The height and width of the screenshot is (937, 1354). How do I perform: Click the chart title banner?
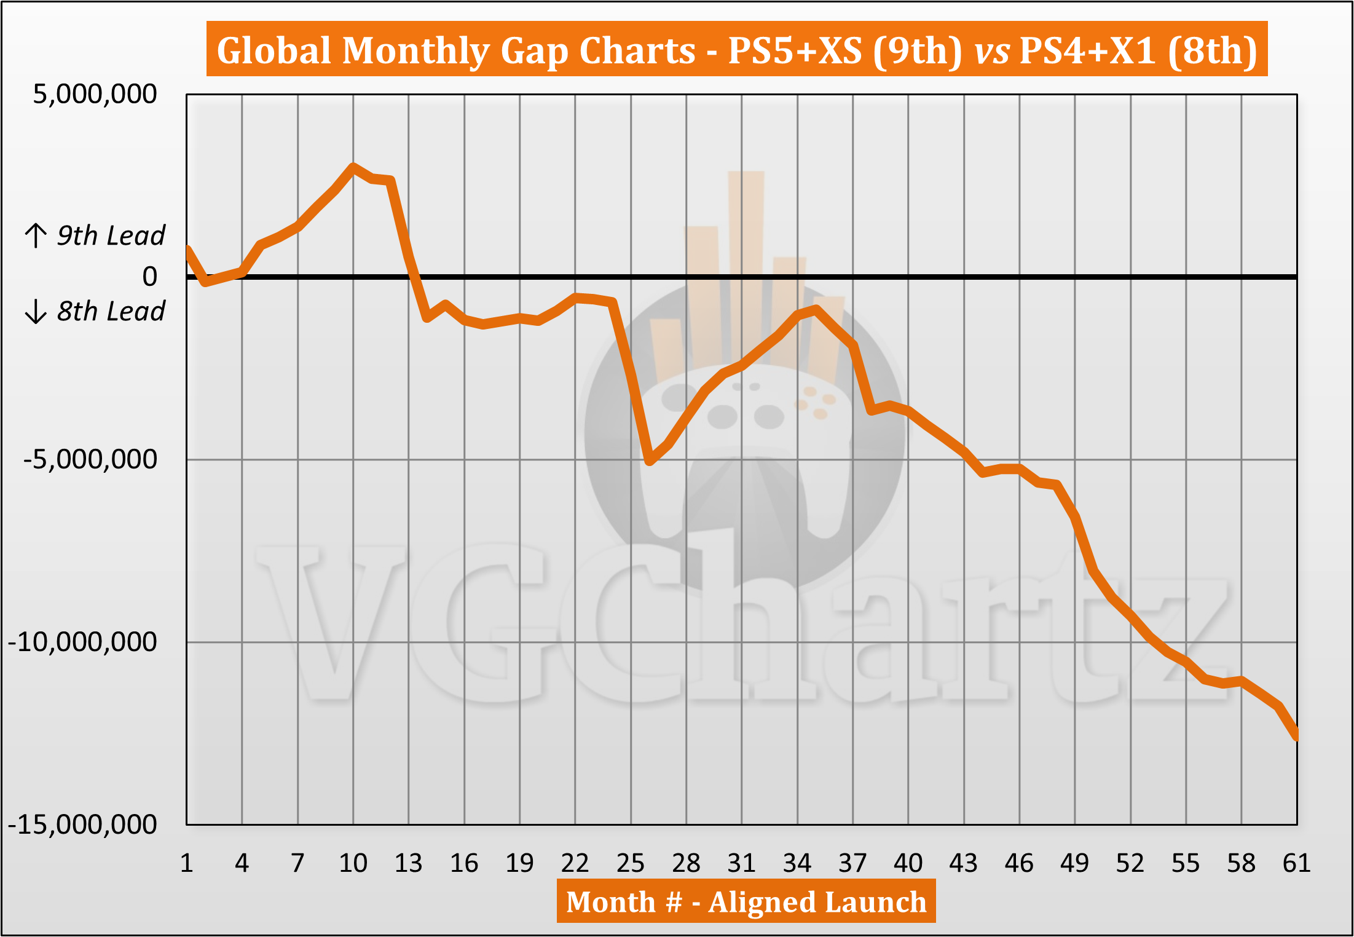point(736,49)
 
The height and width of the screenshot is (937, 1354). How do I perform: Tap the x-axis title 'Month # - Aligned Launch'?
point(746,901)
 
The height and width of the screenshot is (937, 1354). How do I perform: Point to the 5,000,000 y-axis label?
point(95,94)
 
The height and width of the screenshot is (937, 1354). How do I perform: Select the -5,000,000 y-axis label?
point(90,459)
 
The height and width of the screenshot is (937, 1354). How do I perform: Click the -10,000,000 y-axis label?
point(82,642)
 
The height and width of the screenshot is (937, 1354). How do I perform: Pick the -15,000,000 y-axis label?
point(82,824)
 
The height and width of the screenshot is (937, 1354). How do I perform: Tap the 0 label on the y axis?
point(149,277)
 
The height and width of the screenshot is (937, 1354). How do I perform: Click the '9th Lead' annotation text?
point(111,235)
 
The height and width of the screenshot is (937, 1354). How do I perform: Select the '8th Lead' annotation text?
point(111,311)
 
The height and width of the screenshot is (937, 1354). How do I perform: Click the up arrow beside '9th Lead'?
point(36,235)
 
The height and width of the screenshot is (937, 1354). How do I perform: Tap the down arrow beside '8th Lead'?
point(36,311)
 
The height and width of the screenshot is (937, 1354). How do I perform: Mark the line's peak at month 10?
point(353,167)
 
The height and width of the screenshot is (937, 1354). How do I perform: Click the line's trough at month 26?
point(650,461)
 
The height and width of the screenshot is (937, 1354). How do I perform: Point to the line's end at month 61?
point(1296,736)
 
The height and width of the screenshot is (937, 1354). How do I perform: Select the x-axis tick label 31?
point(741,863)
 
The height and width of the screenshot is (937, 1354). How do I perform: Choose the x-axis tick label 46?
point(1019,863)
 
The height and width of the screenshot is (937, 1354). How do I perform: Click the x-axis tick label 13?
point(408,863)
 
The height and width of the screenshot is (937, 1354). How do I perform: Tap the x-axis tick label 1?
point(187,863)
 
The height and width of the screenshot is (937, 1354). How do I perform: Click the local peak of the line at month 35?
point(816,309)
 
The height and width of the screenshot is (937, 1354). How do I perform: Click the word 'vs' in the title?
point(991,50)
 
